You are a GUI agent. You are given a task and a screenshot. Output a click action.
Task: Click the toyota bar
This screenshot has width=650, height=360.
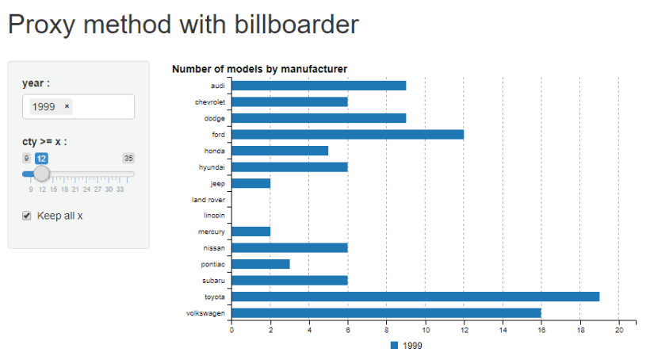[x=415, y=297]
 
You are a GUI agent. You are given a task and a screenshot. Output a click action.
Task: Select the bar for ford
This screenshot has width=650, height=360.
[x=347, y=134]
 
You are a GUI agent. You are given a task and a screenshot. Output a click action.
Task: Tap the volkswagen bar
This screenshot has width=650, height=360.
[x=386, y=312]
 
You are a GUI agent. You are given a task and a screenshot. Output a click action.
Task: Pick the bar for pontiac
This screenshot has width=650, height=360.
[x=261, y=264]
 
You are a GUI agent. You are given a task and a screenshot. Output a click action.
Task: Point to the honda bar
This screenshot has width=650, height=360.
[x=280, y=151]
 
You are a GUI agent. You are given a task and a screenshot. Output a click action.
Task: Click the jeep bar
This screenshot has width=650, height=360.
[x=250, y=183]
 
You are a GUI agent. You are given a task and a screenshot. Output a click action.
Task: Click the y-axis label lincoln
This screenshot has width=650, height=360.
[x=214, y=216]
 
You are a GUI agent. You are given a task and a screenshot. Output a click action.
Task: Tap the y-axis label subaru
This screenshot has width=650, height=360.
[x=213, y=281]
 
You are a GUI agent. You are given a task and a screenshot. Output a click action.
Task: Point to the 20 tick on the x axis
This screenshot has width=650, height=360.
[x=619, y=330]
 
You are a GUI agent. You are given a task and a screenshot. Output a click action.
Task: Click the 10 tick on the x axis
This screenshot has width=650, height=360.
[x=426, y=330]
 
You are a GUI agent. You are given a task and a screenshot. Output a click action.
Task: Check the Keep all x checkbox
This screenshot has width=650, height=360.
[x=27, y=216]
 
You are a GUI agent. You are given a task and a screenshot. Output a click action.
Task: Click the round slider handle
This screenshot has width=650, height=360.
[x=42, y=174]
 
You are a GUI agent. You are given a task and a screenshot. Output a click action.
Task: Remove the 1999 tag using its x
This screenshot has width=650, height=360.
[x=67, y=106]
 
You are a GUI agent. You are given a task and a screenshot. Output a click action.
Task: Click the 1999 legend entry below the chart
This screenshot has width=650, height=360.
[x=409, y=345]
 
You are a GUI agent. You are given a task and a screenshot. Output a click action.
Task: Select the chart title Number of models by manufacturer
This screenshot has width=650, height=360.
[x=259, y=70]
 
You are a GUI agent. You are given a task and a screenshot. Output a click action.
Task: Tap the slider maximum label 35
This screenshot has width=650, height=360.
[x=128, y=159]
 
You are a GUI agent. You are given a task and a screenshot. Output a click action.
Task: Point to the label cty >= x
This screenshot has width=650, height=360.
[x=44, y=141]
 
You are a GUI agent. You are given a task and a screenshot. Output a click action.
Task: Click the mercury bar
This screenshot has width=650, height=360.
[x=250, y=232]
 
